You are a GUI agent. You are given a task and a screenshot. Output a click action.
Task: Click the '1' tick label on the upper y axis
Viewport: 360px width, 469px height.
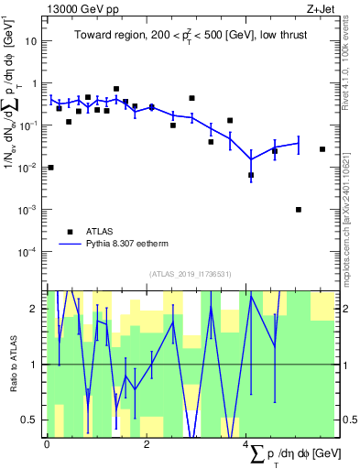coord(35,83)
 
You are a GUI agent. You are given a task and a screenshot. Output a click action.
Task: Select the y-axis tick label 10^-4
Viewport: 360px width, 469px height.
coord(29,252)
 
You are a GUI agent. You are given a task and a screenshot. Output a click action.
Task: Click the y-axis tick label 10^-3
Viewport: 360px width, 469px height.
coord(29,210)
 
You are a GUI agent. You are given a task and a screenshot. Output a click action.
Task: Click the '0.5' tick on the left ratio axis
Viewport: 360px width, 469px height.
coord(33,420)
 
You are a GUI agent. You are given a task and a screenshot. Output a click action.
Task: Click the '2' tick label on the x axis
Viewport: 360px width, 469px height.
coord(147,443)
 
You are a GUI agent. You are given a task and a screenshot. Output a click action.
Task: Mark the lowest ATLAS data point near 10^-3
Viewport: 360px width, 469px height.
coord(299,210)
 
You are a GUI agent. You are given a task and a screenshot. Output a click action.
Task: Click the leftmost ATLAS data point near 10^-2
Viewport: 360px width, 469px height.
coord(50,168)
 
